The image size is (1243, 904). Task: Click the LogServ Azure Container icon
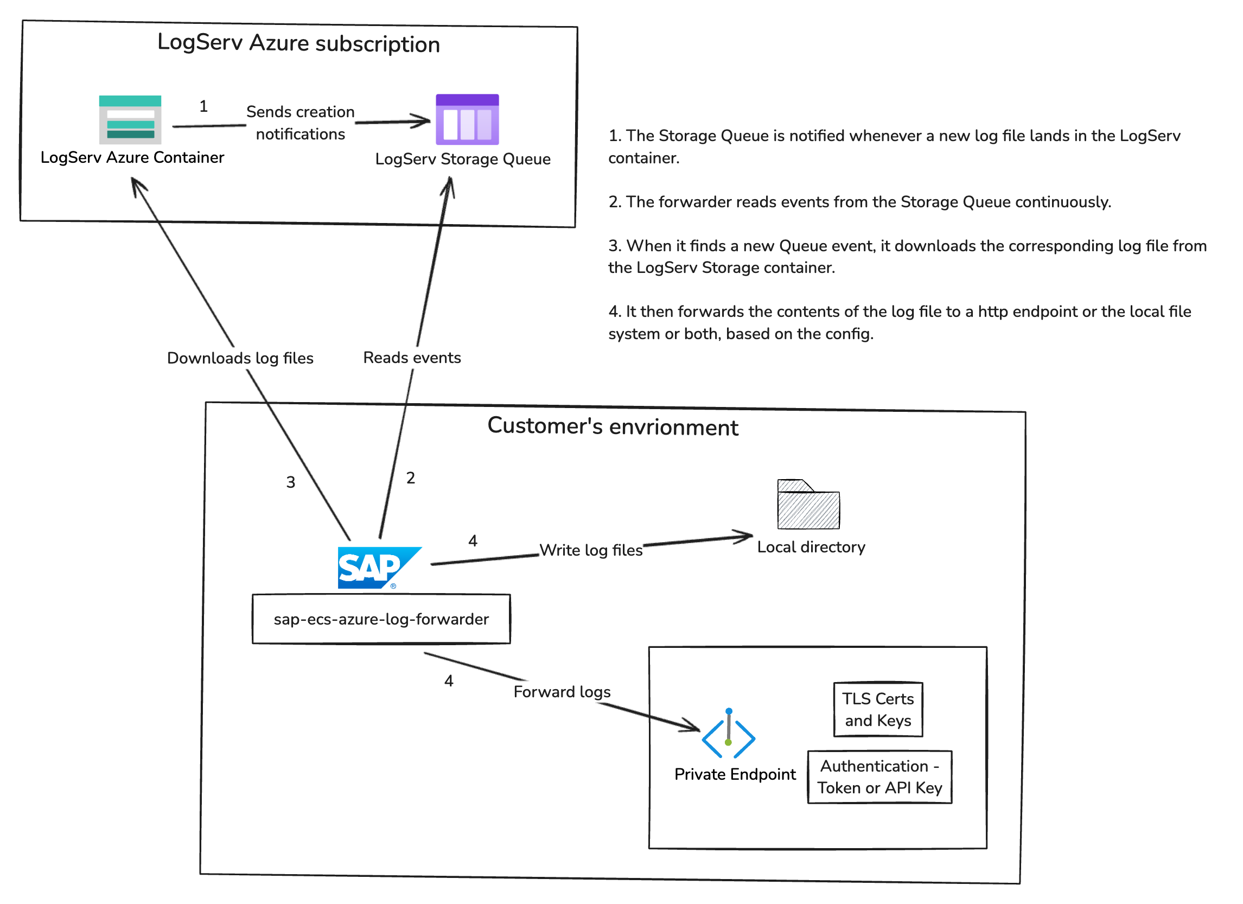point(130,120)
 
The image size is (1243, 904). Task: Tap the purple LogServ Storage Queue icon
point(468,119)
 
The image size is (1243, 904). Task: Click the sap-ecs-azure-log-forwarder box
point(382,620)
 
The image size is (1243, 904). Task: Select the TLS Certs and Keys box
point(879,710)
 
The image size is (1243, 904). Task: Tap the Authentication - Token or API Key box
point(881,778)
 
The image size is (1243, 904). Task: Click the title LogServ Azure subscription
point(299,43)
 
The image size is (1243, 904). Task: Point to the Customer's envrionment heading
point(613,427)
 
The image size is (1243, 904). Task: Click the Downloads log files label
point(240,359)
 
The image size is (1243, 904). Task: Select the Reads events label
point(412,358)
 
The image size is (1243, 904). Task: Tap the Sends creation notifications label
point(301,123)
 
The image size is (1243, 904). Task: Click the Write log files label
point(591,550)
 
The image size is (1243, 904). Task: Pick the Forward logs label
point(562,692)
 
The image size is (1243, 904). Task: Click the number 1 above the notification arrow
point(203,106)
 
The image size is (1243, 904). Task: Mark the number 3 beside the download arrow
point(291,483)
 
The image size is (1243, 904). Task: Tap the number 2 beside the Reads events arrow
point(411,479)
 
